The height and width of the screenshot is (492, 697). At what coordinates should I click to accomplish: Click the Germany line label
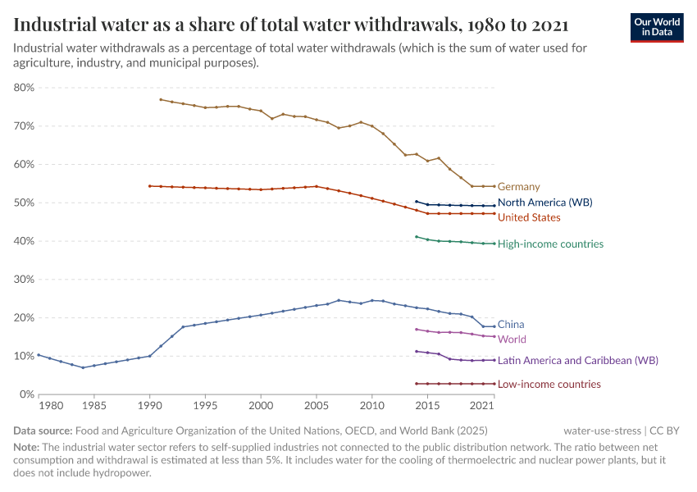(518, 187)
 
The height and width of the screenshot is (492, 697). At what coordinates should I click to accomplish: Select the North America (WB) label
(544, 203)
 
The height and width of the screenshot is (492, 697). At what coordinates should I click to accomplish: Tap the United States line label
(529, 217)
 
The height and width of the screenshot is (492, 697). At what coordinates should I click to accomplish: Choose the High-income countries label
(550, 244)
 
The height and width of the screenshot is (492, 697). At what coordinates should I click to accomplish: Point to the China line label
(511, 325)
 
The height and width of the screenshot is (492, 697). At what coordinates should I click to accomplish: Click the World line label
(512, 339)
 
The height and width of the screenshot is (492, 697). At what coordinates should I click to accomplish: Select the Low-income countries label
(549, 385)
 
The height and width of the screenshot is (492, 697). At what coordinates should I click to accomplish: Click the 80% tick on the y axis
(23, 88)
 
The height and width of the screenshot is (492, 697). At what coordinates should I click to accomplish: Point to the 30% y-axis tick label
(23, 280)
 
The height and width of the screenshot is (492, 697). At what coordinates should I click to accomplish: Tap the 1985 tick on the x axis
(93, 406)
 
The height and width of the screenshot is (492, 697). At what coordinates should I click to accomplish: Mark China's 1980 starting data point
(39, 355)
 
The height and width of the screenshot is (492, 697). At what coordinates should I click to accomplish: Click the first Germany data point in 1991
(161, 100)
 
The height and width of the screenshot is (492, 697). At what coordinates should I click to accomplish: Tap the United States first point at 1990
(149, 186)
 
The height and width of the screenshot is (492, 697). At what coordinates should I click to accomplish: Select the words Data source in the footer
(42, 430)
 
